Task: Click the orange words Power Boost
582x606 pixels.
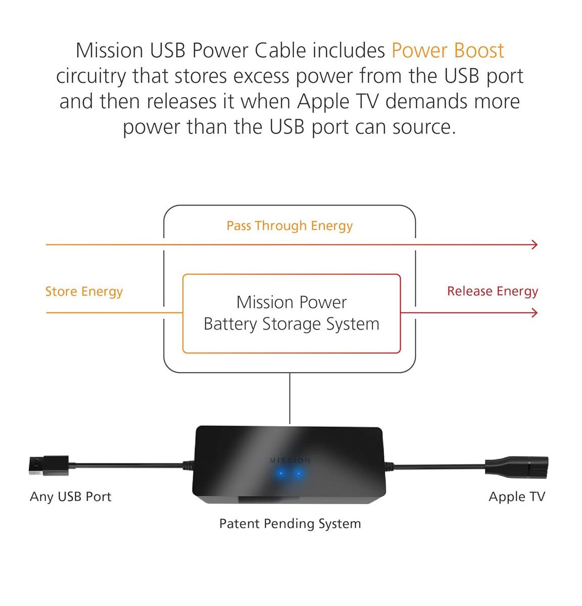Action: [447, 51]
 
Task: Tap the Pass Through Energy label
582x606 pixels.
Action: [289, 226]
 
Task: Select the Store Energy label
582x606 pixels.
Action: [84, 292]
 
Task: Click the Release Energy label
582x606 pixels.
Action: [492, 291]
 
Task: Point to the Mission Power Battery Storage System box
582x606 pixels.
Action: [292, 314]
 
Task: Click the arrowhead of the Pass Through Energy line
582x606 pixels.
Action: [535, 245]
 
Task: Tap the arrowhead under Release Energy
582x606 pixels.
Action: [535, 313]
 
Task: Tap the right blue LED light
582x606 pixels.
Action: [299, 474]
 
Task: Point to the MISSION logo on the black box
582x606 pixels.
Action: [290, 461]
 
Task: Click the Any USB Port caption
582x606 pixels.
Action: [70, 497]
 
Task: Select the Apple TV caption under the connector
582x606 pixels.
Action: [516, 497]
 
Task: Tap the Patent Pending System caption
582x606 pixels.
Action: [290, 524]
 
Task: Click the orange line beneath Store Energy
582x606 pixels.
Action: [114, 313]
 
